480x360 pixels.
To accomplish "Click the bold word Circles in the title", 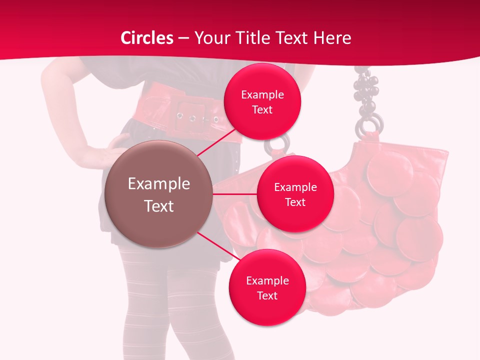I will (x=147, y=38).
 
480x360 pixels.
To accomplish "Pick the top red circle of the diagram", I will (x=262, y=101).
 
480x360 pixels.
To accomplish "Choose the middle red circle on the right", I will (x=295, y=194).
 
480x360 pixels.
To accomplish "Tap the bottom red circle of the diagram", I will (x=267, y=287).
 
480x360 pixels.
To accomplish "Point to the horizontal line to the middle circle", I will (x=235, y=193).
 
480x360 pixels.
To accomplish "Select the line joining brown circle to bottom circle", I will (x=219, y=247).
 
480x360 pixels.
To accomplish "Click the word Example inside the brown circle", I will (x=159, y=184).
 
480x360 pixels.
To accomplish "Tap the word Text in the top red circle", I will (x=262, y=109).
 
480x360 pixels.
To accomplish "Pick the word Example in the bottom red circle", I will (x=267, y=280).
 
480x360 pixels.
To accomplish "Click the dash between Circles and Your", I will (x=183, y=38).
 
